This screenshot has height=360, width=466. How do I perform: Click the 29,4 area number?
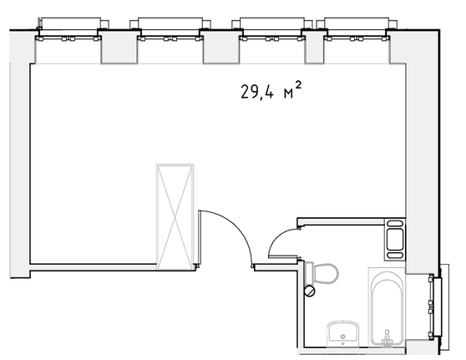click(x=256, y=92)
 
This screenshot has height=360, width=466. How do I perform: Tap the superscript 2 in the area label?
click(x=299, y=85)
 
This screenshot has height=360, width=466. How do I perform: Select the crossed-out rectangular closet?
click(x=175, y=216)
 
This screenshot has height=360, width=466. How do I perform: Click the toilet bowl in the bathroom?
click(x=326, y=273)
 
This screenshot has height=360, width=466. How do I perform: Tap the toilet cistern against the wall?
click(x=309, y=272)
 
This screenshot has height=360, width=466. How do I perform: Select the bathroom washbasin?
click(x=343, y=333)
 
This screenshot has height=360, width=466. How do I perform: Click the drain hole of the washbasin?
click(x=343, y=337)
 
